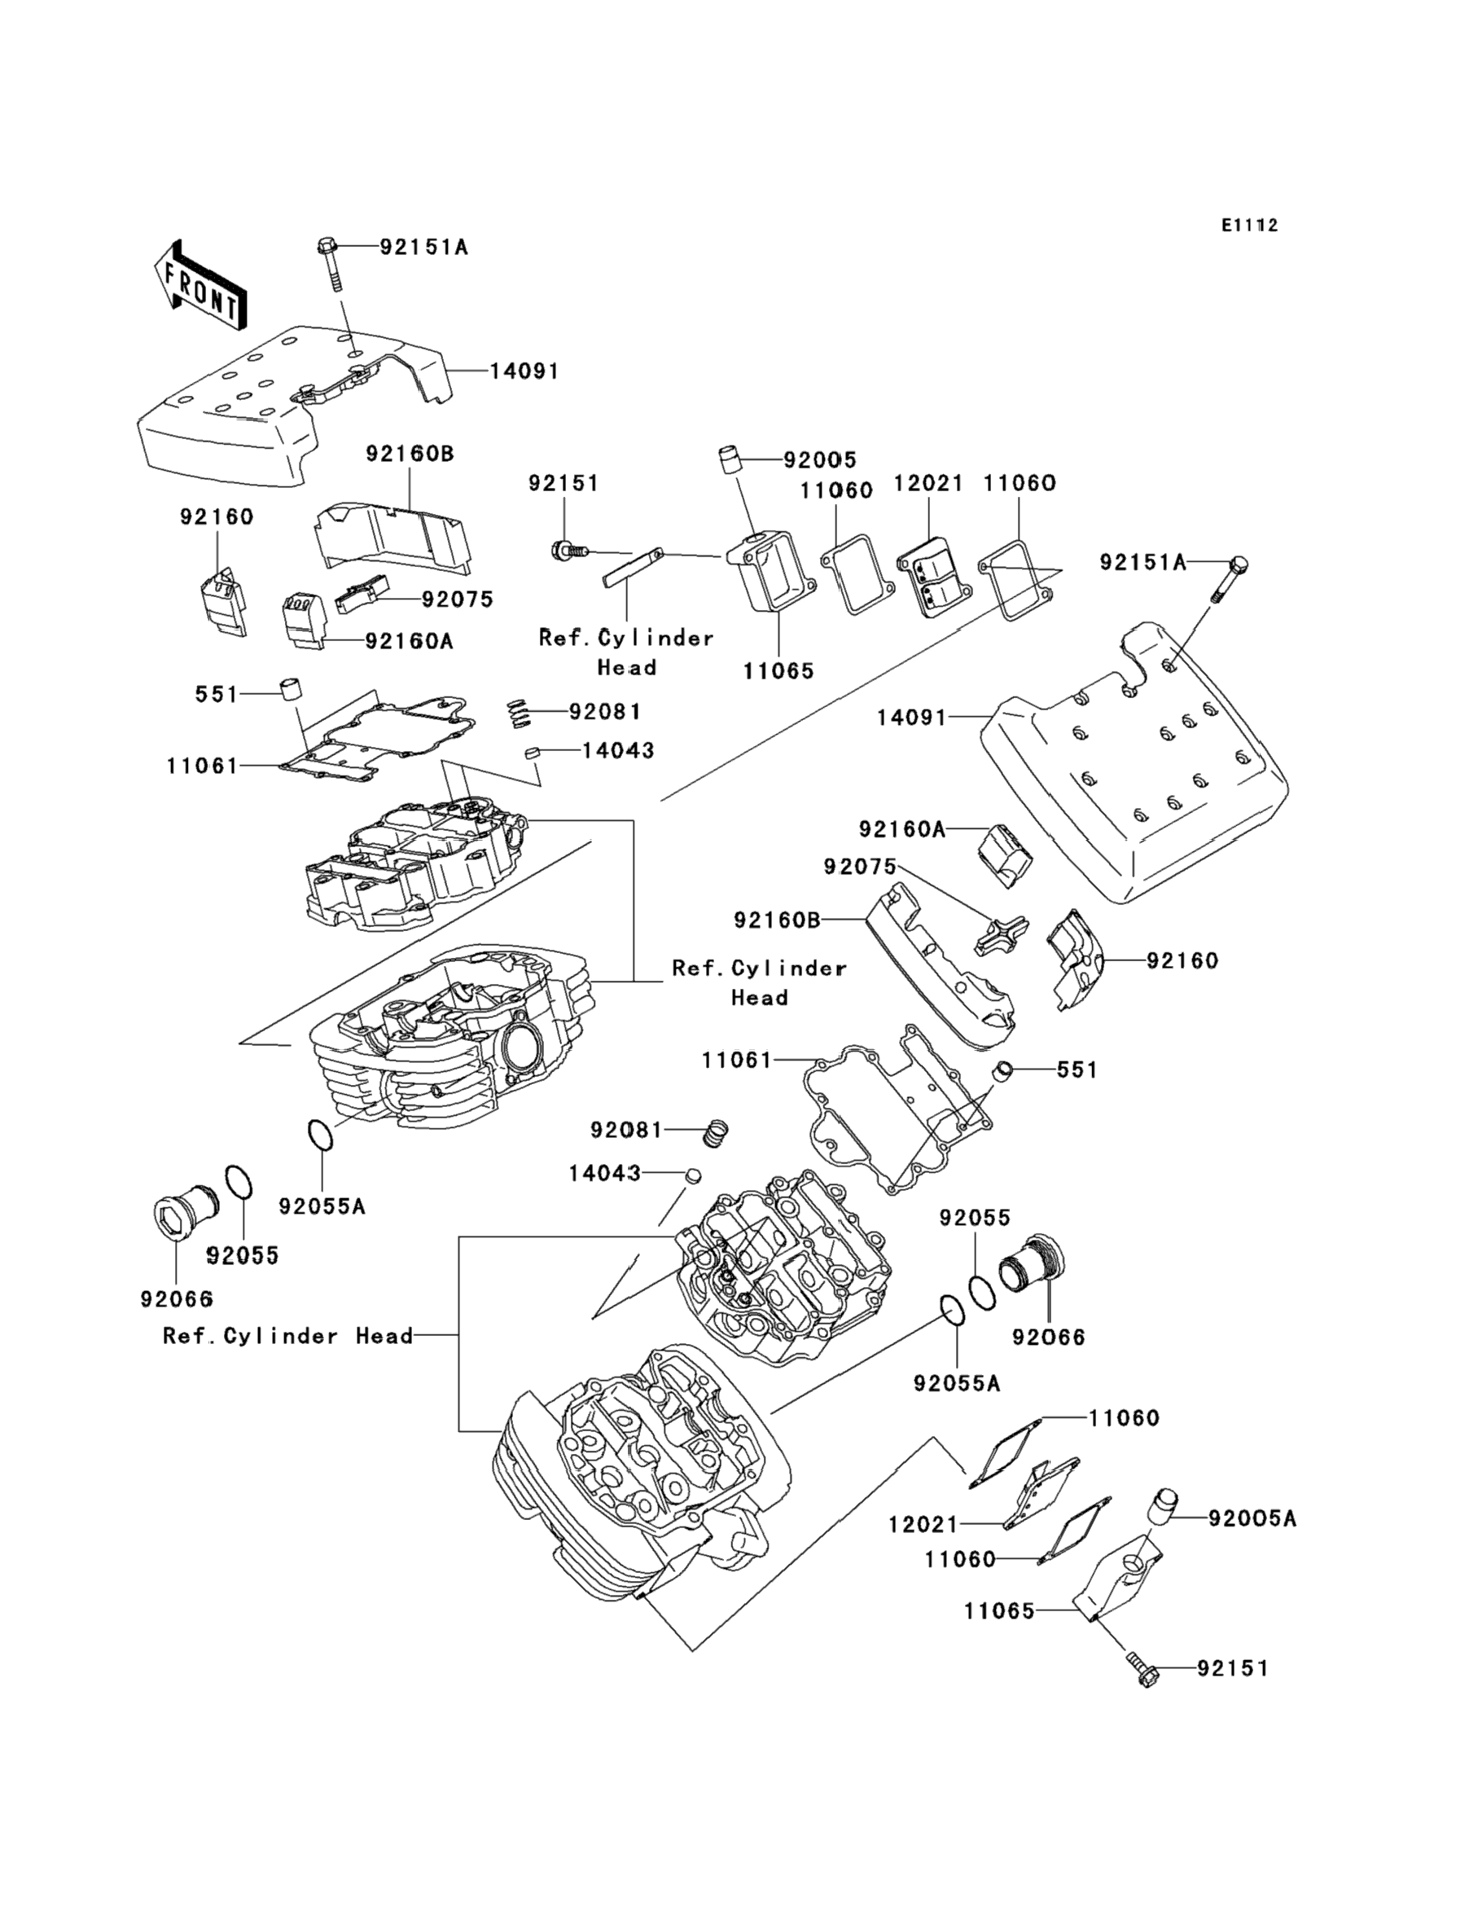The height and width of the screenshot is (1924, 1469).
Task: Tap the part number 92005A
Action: click(x=1252, y=1518)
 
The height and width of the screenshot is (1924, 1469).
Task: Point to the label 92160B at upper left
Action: click(x=410, y=454)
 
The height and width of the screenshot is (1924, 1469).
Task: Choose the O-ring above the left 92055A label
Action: click(x=320, y=1136)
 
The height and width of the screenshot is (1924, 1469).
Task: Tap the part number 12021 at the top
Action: click(x=927, y=484)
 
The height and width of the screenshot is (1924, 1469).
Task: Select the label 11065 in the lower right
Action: click(x=999, y=1611)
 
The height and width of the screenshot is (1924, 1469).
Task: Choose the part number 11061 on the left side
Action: click(x=202, y=767)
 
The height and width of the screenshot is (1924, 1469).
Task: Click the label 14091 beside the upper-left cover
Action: click(x=524, y=371)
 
